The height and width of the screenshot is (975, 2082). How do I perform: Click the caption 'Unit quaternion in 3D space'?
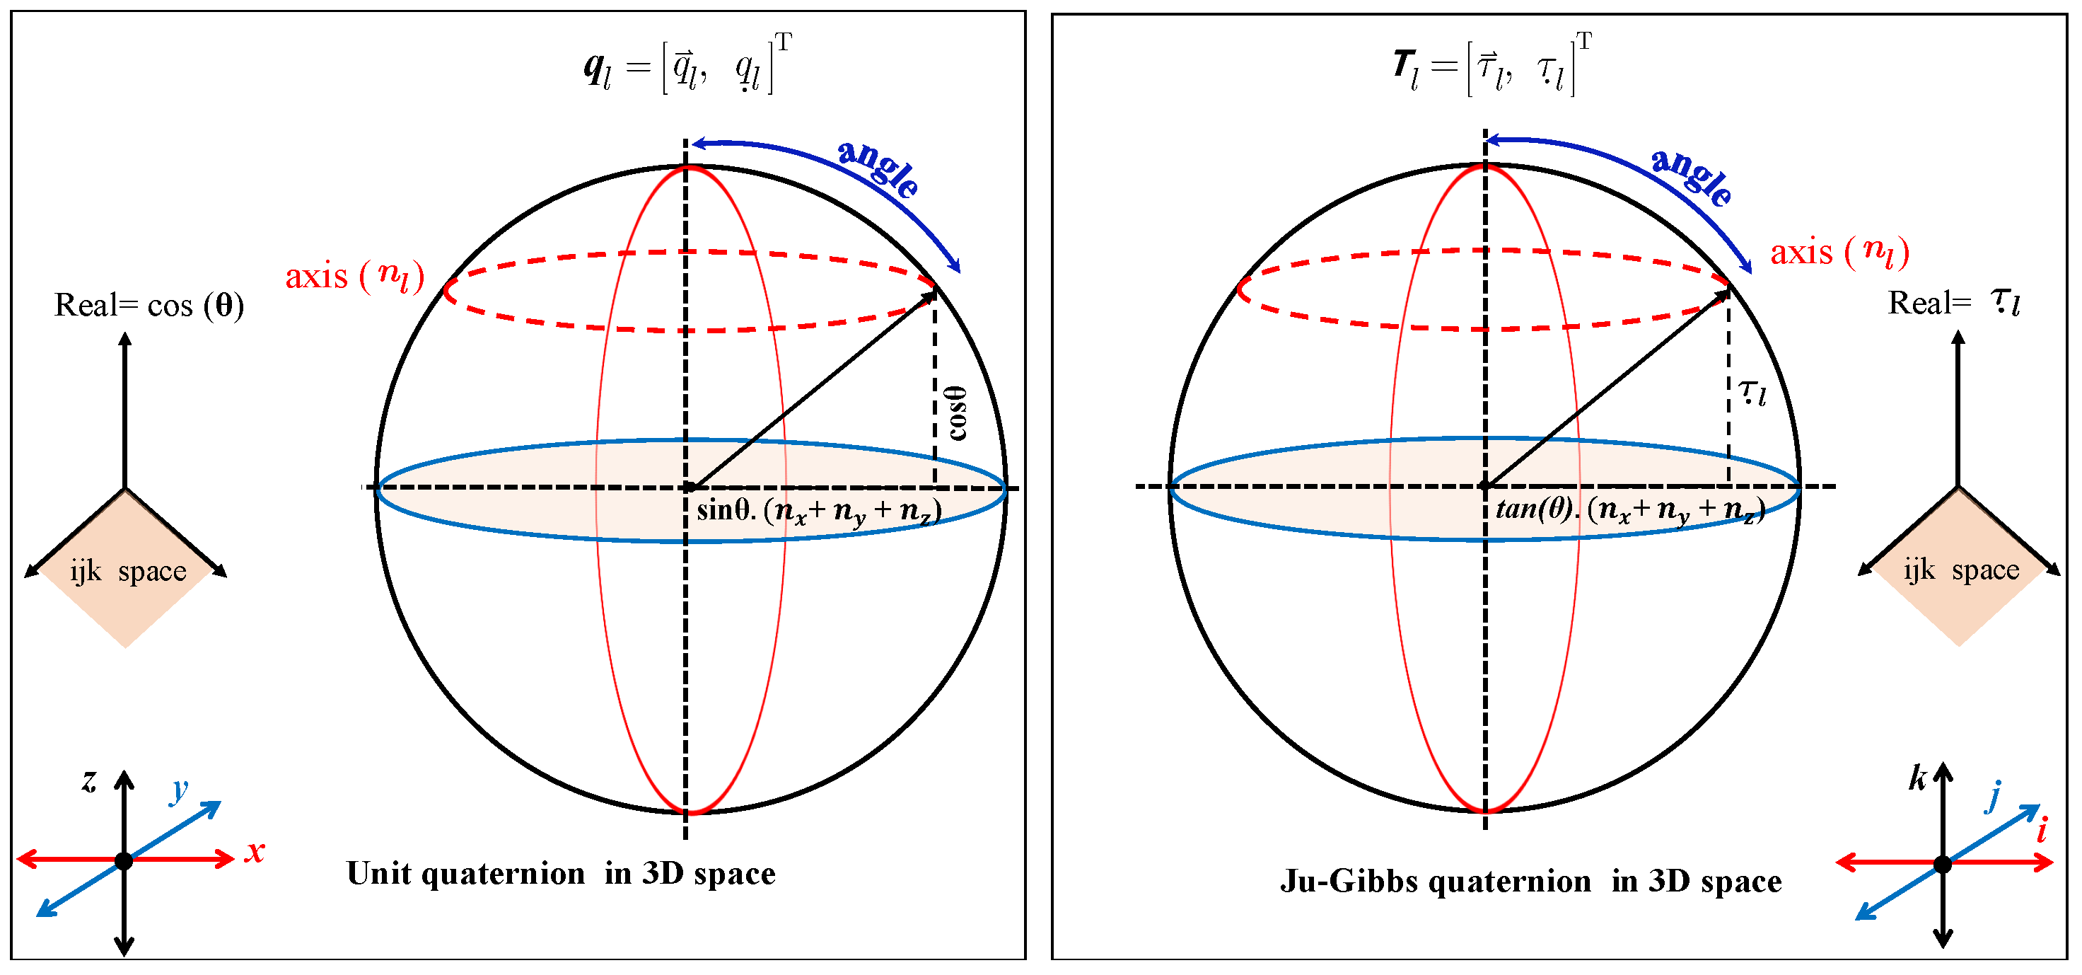coord(561,874)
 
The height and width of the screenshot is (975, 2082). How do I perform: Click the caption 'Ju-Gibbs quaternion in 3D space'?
coord(1531,881)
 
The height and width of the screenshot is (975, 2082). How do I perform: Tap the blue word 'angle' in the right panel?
coord(1692,176)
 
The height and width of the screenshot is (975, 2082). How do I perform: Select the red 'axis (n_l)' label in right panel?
coord(1839,252)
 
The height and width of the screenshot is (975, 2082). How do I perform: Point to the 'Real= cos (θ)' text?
coord(149,306)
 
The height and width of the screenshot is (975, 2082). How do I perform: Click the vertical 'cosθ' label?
coord(958,413)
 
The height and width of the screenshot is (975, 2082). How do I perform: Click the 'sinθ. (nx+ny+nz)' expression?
coord(819,512)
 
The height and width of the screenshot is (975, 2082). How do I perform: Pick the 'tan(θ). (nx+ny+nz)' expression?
coord(1629,510)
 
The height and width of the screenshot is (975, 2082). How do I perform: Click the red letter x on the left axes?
coord(255,851)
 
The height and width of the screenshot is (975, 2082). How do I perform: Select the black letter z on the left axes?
coord(89,780)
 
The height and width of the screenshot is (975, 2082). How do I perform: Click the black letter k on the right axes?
coord(1918,777)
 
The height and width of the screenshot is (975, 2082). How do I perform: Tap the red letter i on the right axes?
coord(2042,830)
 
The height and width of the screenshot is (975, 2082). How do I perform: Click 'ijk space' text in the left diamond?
coord(128,572)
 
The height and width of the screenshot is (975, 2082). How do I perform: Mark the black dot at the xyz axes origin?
coord(124,861)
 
